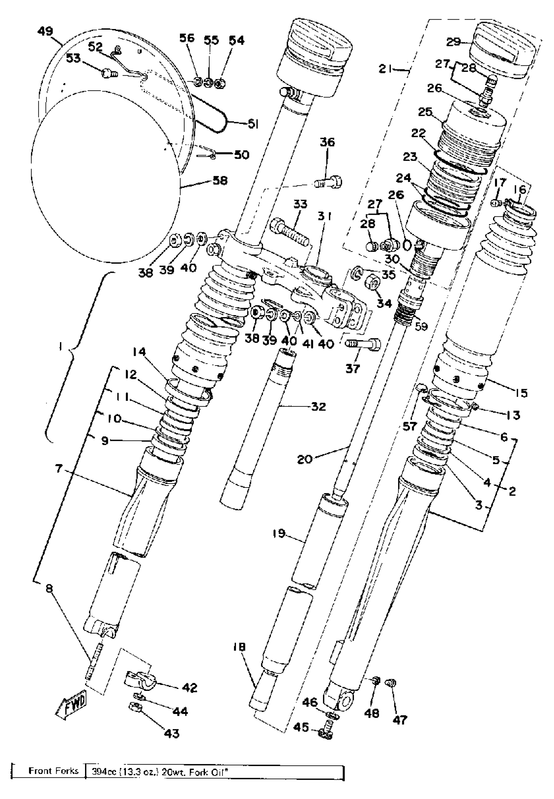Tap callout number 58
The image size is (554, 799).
(x=220, y=181)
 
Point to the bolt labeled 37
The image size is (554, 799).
(x=364, y=344)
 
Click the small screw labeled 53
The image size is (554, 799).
(x=109, y=74)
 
